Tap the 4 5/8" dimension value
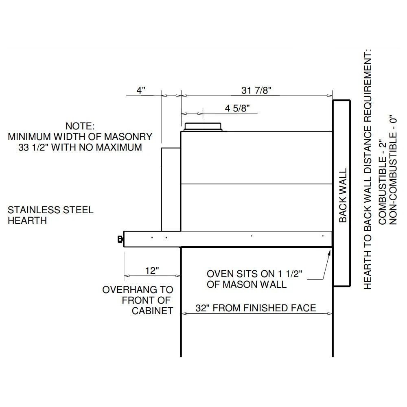[x=237, y=108]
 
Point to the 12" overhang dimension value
[x=151, y=271]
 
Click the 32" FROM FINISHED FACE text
[x=256, y=308]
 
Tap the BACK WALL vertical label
[x=343, y=195]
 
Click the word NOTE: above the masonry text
[x=80, y=126]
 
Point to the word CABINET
[x=153, y=311]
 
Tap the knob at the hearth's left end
[x=120, y=239]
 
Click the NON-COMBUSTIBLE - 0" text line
[x=393, y=168]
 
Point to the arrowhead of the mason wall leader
[x=329, y=252]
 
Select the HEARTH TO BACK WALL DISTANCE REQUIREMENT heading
[x=368, y=169]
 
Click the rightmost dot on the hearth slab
[x=322, y=236]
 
